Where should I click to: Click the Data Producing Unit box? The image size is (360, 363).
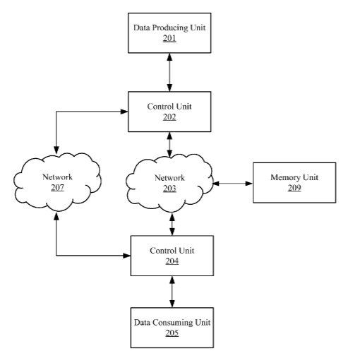tap(169, 33)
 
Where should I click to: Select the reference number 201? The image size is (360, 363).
tap(169, 38)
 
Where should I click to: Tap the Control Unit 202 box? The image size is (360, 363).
tap(169, 112)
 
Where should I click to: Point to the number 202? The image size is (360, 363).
tap(169, 117)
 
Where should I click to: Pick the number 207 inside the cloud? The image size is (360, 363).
tap(57, 188)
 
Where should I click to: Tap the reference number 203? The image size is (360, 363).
tap(169, 189)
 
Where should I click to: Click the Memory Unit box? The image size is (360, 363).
tap(294, 182)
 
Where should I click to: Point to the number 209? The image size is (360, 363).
tap(294, 188)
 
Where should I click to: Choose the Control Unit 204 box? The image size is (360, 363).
tap(172, 256)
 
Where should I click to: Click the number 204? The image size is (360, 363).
tap(172, 261)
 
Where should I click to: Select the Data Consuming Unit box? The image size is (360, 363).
tap(172, 328)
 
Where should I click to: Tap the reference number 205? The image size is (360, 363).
tap(172, 333)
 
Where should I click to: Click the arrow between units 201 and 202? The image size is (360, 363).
tap(169, 72)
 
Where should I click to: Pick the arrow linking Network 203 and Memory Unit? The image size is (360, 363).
tap(233, 183)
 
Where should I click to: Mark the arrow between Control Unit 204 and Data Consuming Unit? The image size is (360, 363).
tap(172, 292)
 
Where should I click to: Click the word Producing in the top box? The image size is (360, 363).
tap(169, 28)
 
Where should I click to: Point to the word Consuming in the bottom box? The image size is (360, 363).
tap(173, 323)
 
